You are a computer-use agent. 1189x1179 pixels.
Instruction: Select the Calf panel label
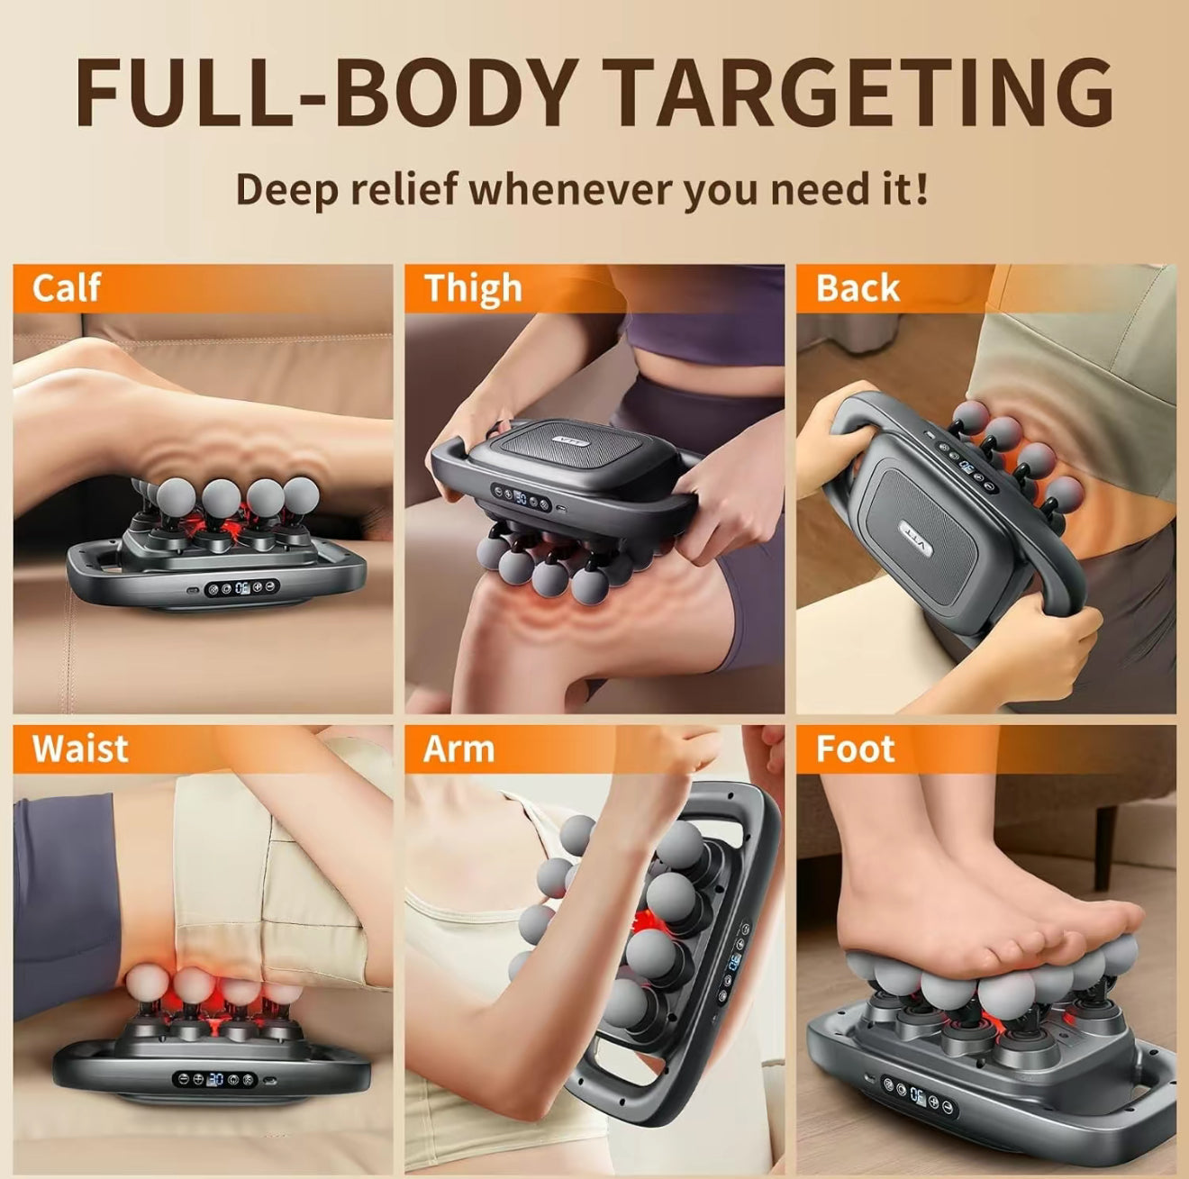(66, 288)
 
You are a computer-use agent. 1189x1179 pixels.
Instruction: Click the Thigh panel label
(473, 288)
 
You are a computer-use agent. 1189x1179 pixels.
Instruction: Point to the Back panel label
(858, 288)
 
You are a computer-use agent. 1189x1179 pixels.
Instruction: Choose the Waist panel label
(80, 749)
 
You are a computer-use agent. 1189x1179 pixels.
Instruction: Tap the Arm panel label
(458, 749)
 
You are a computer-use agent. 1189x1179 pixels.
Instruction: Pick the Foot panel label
(855, 749)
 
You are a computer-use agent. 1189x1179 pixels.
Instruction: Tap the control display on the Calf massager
(242, 589)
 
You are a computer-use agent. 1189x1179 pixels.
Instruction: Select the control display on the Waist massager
(215, 1079)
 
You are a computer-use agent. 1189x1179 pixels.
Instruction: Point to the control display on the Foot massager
(916, 1095)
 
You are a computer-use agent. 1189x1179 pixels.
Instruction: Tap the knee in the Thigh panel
(504, 621)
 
